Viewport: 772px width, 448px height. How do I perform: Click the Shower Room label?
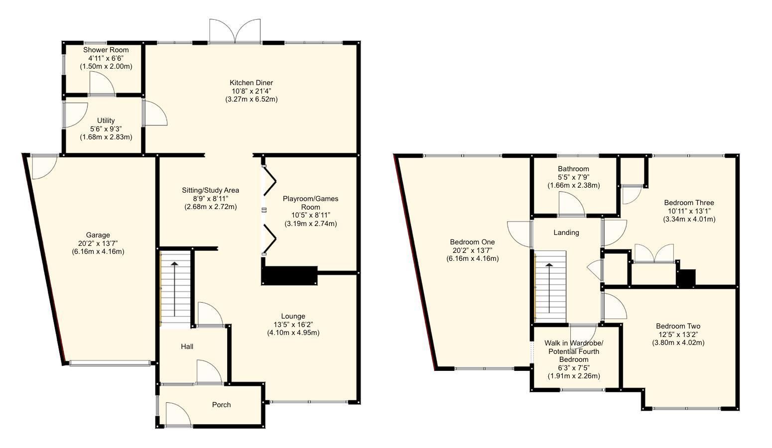click(x=106, y=50)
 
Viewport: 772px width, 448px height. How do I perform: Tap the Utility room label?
click(x=106, y=120)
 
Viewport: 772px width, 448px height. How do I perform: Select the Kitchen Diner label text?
click(x=251, y=83)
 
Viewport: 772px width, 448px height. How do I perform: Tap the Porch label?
click(x=221, y=405)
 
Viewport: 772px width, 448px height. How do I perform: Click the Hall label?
click(x=187, y=346)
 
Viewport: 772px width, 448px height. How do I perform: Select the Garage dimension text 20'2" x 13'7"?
click(x=98, y=243)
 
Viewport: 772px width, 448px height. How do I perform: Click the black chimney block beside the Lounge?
click(x=289, y=275)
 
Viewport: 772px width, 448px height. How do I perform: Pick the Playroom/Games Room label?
click(x=310, y=203)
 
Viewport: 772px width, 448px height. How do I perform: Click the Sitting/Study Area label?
click(x=210, y=190)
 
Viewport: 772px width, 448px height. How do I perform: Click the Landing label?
click(x=566, y=232)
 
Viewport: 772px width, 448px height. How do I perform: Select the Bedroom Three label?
click(x=689, y=203)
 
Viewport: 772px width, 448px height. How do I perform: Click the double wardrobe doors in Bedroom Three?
click(x=654, y=253)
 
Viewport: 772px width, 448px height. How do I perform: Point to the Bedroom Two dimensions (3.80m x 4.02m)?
click(x=678, y=342)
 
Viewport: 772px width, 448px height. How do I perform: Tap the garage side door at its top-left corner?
click(x=44, y=166)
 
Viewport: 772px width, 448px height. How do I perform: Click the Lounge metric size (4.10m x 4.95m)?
click(x=293, y=333)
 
